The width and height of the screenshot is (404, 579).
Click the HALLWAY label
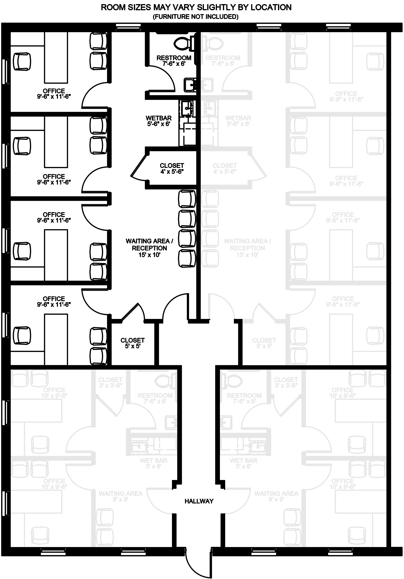click(199, 501)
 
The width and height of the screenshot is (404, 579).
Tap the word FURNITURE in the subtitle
click(172, 17)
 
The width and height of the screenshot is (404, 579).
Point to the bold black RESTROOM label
click(174, 61)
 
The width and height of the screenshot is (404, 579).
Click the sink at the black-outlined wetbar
click(187, 108)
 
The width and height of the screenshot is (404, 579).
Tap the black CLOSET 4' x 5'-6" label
click(172, 168)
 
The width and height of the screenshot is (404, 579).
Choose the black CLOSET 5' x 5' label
click(132, 343)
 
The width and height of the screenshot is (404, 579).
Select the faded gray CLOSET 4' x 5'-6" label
click(225, 168)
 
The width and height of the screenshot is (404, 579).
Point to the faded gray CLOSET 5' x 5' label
click(264, 343)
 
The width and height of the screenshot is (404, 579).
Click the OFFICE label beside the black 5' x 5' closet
click(54, 301)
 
